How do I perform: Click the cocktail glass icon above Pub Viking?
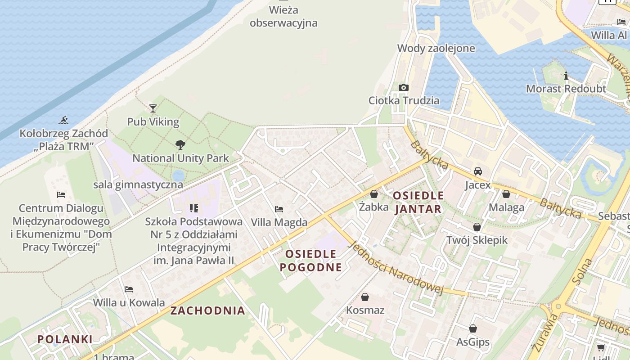coord(153,108)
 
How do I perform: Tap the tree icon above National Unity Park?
coord(180,145)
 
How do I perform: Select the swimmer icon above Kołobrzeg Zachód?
coord(63,120)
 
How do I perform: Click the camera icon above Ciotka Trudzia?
coord(404,87)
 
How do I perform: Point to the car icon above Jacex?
coord(478,171)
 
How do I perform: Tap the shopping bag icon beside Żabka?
coord(373,194)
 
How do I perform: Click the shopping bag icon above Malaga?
coord(506,194)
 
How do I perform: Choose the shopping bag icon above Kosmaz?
coord(365,297)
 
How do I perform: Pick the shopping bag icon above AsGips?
coord(473,329)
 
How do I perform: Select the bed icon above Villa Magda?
coord(279,209)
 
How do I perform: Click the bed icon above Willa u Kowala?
coord(129,289)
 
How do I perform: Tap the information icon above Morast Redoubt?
coord(566,76)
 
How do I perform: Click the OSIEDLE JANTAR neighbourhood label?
coord(418,202)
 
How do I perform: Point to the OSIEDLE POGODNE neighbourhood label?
coord(310,261)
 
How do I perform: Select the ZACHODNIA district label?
coord(208,310)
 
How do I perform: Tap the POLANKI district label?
coord(65,339)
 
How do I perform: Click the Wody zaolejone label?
coord(436,48)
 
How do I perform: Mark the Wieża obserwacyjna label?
coord(283,16)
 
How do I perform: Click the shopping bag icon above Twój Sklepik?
coord(477,227)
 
